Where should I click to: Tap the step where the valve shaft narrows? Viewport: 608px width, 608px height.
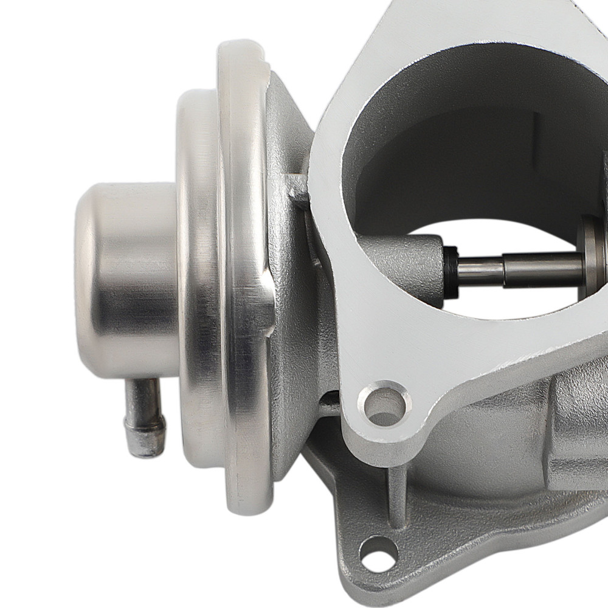point(503,271)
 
